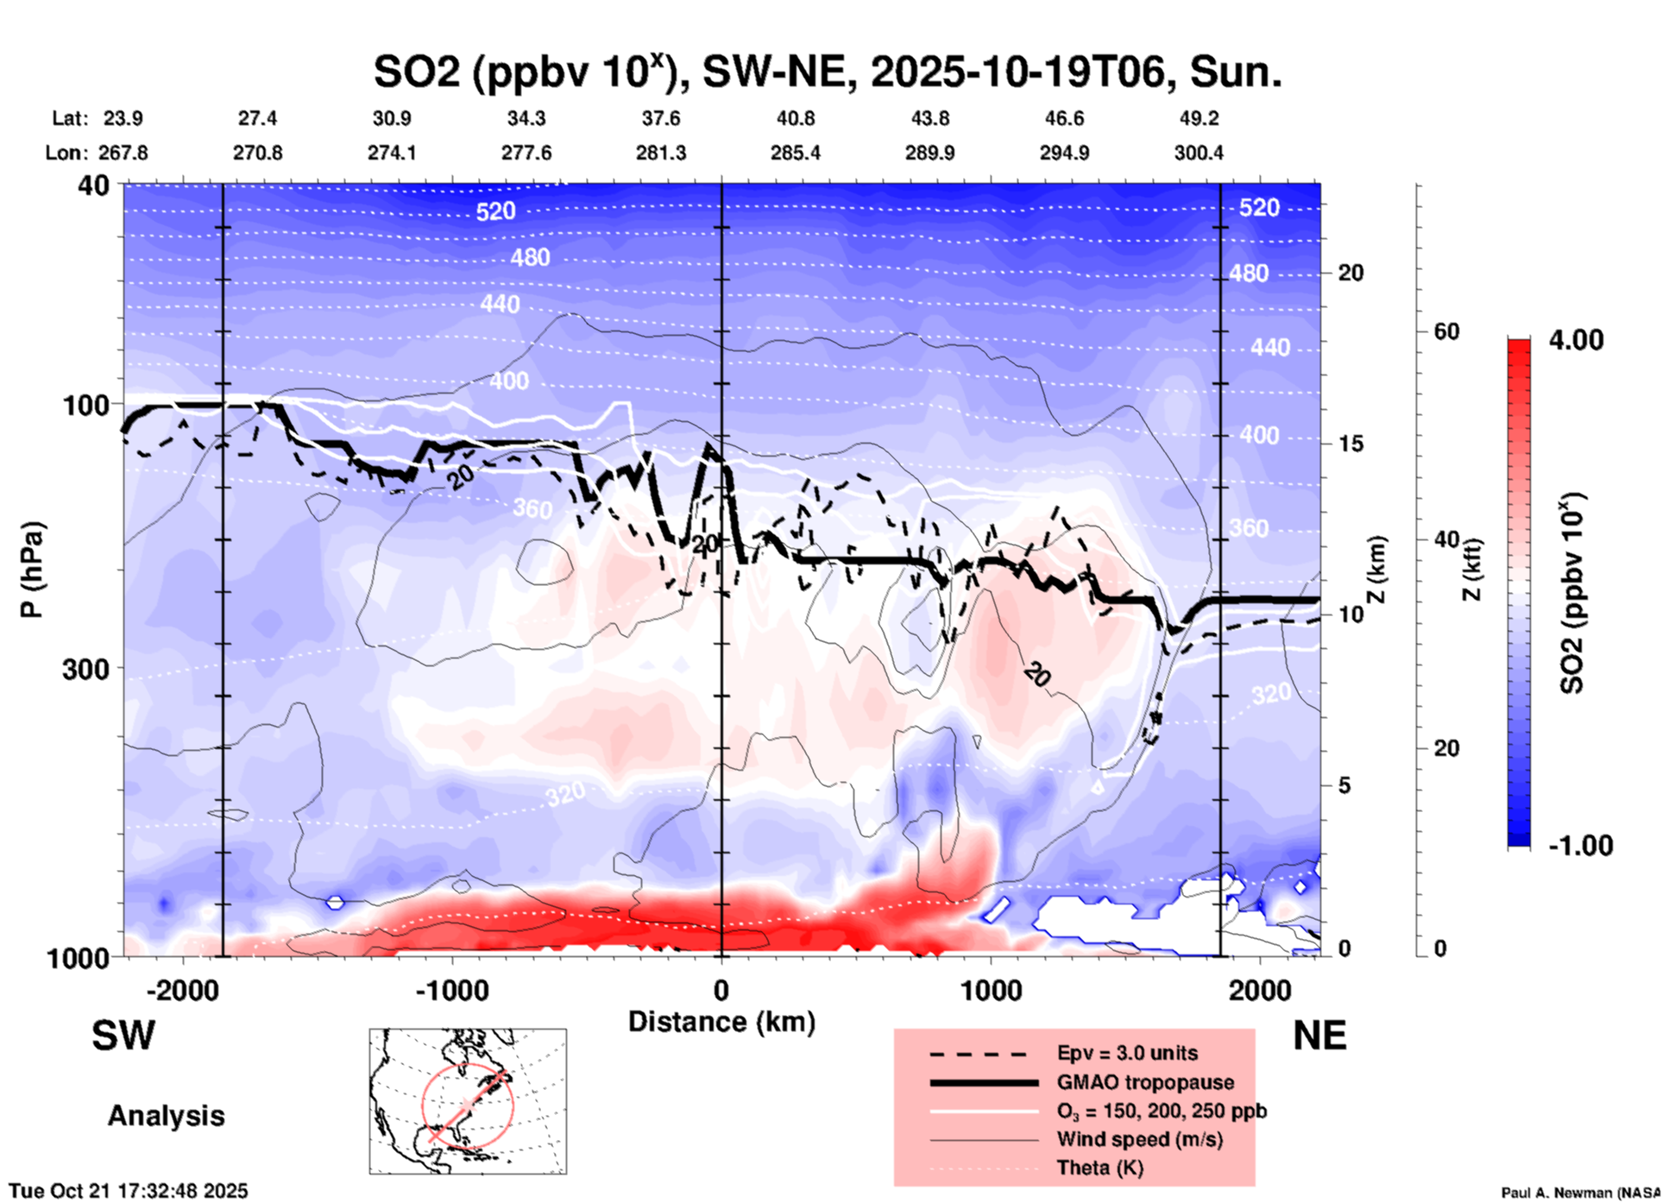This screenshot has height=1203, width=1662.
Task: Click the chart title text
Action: click(827, 72)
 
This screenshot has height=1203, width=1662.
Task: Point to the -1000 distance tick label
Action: click(452, 990)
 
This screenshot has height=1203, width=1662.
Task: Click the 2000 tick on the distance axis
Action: click(1260, 990)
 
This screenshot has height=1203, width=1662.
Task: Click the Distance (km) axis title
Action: click(721, 1022)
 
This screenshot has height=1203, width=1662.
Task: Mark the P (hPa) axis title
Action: click(32, 570)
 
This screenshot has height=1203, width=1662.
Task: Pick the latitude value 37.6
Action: click(661, 118)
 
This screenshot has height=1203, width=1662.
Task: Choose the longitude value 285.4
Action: click(796, 153)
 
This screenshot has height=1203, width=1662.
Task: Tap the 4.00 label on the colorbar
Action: click(1576, 340)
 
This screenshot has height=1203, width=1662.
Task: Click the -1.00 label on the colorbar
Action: click(1580, 846)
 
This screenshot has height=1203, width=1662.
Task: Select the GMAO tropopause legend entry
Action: click(1145, 1082)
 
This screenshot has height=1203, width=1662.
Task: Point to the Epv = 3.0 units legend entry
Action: click(1127, 1054)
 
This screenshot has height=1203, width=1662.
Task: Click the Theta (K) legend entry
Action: click(1099, 1168)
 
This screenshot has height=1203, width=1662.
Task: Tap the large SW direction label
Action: click(123, 1036)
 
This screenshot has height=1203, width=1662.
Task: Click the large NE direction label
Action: click(1319, 1036)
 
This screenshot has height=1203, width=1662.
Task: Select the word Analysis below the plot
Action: click(166, 1116)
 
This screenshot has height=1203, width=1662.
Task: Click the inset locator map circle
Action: click(468, 1105)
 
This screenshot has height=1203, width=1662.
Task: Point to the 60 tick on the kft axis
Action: click(1447, 331)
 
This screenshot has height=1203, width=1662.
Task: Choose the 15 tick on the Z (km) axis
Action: click(1350, 444)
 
